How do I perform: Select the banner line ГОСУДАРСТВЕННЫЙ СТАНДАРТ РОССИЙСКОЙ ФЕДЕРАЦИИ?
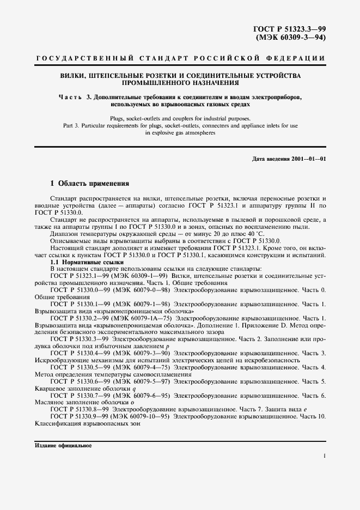(180, 58)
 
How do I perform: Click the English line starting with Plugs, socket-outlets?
(180, 118)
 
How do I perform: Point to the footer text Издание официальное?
(63, 445)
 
